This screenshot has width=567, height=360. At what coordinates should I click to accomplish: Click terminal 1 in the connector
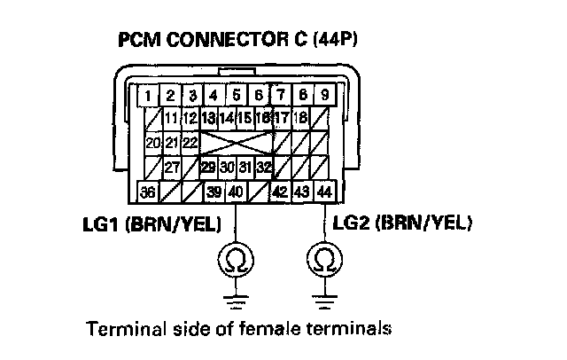150,95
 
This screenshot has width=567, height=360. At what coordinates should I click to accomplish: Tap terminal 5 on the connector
237,95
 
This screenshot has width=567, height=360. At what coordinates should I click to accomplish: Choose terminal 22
190,142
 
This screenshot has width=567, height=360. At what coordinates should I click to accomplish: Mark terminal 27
171,166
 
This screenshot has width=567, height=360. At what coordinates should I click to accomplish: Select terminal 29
209,166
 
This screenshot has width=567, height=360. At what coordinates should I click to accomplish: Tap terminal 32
264,166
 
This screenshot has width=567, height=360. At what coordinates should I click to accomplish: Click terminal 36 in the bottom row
150,191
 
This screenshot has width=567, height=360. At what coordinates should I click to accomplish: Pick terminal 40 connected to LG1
236,191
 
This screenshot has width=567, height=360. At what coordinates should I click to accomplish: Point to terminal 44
324,191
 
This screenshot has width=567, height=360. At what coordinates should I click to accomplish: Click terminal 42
282,191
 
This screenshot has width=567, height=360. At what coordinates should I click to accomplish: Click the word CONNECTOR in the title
206,41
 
